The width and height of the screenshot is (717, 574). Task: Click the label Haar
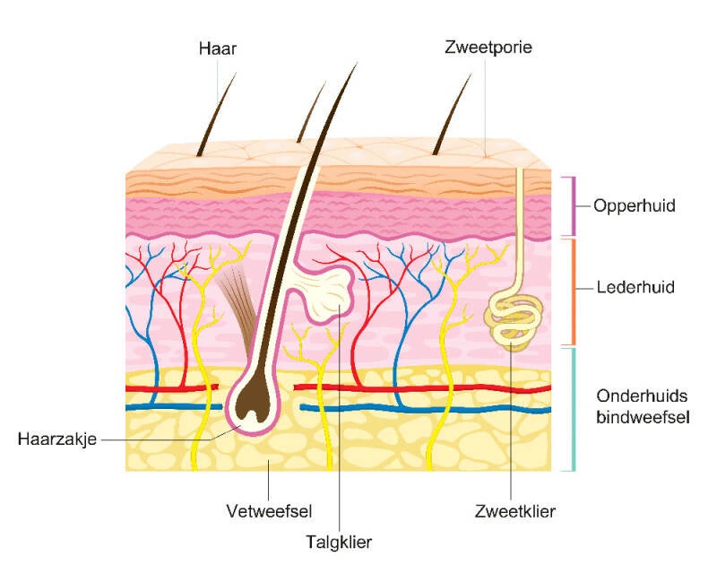(x=218, y=48)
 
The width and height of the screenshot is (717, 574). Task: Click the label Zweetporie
(x=488, y=48)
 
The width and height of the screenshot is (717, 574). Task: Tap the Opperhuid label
(x=634, y=206)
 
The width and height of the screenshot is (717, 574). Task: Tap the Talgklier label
(x=339, y=541)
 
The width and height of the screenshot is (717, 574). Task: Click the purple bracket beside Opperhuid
(x=568, y=206)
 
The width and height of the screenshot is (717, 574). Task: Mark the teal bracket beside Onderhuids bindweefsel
(x=568, y=409)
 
